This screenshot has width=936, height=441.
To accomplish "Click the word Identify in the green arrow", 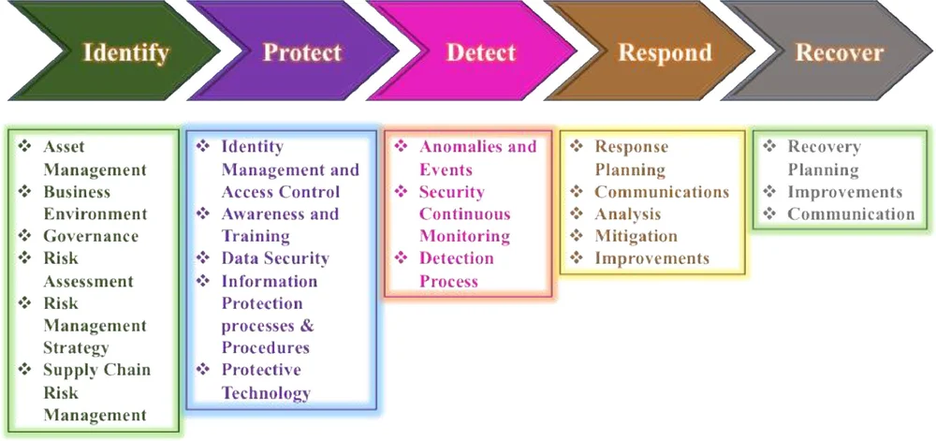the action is pyautogui.click(x=125, y=52).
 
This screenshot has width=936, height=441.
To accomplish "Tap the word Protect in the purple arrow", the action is pyautogui.click(x=302, y=52).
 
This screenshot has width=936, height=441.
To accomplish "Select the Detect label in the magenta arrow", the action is pyautogui.click(x=481, y=52).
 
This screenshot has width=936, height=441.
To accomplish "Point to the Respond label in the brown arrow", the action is pyautogui.click(x=665, y=52).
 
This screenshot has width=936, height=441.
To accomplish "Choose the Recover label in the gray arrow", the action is pyautogui.click(x=840, y=52).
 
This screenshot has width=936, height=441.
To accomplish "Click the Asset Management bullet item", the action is pyautogui.click(x=95, y=158).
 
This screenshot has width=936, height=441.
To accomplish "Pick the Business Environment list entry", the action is pyautogui.click(x=95, y=203).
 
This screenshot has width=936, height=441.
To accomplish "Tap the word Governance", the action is pyautogui.click(x=91, y=237).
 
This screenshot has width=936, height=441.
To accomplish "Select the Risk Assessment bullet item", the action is pyautogui.click(x=88, y=270).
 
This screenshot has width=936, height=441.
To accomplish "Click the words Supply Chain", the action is pyautogui.click(x=96, y=371).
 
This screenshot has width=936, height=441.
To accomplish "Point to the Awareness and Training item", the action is pyautogui.click(x=280, y=225).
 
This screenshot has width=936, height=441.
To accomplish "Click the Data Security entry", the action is pyautogui.click(x=275, y=258).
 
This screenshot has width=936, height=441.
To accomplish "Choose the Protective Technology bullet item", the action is pyautogui.click(x=266, y=381).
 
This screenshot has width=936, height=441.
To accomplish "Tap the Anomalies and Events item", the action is pyautogui.click(x=477, y=158).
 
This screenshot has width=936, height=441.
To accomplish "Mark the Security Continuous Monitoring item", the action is pyautogui.click(x=464, y=214).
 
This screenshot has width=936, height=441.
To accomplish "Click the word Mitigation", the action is pyautogui.click(x=636, y=236).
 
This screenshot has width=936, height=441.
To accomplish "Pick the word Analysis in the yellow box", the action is pyautogui.click(x=628, y=214).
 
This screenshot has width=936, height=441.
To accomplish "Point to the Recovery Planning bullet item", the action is pyautogui.click(x=824, y=158).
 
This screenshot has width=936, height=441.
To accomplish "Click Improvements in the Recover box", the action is pyautogui.click(x=844, y=192).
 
